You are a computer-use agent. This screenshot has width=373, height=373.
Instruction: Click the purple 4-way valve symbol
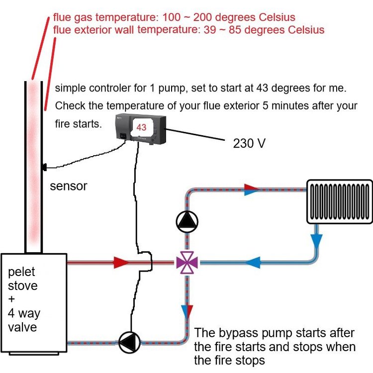(x=187, y=262)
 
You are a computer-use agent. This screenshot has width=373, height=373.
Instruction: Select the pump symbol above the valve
(x=187, y=222)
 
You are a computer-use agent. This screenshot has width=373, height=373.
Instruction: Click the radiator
(x=340, y=201)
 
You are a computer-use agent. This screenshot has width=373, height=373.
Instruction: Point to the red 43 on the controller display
(x=141, y=127)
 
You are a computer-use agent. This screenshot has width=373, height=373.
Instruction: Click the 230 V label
(x=249, y=144)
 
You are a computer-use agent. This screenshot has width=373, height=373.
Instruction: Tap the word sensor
(x=68, y=186)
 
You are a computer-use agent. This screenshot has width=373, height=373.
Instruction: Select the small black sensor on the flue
(x=44, y=167)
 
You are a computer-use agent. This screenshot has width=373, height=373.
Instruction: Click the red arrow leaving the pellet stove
(x=121, y=262)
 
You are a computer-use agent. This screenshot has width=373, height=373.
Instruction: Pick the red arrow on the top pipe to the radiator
(x=252, y=188)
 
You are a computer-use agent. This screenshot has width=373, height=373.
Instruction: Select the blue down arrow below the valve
(x=187, y=311)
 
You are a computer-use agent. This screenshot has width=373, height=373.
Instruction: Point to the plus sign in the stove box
(x=11, y=300)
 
